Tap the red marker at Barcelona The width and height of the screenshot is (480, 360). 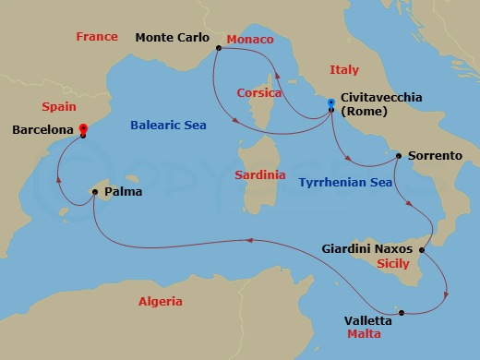83,130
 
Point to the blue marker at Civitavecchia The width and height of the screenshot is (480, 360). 330,111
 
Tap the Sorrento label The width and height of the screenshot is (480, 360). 435,156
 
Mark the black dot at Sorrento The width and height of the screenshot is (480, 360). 398,156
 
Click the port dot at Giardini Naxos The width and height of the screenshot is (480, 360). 422,250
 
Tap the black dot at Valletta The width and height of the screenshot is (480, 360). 399,311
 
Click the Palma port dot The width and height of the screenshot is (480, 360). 94,193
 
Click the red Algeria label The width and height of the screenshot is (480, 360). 160,302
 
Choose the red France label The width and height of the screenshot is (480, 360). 97,37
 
